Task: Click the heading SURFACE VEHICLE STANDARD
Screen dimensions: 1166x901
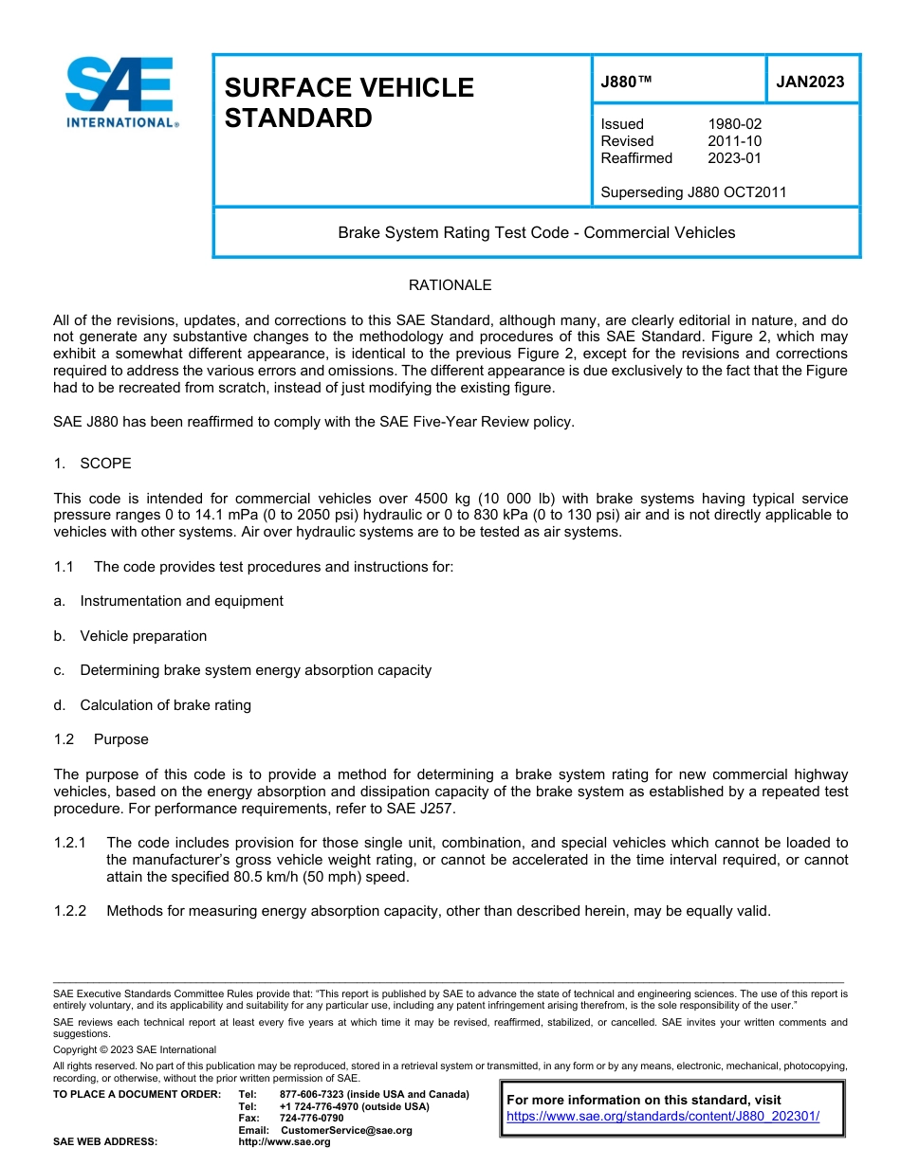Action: click(x=348, y=103)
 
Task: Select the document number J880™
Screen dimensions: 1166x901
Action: click(x=626, y=82)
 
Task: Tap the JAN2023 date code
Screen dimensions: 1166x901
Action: click(x=810, y=82)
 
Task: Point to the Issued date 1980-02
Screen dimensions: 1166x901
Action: click(x=734, y=124)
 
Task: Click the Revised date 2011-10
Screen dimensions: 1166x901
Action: click(x=734, y=141)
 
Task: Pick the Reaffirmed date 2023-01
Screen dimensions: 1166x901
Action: click(x=734, y=158)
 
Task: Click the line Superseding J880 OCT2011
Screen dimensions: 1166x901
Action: click(x=693, y=192)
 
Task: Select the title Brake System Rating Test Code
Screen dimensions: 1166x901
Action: click(x=536, y=232)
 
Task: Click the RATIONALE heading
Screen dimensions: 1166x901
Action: click(x=450, y=285)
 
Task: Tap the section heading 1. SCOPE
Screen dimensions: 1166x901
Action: click(x=92, y=464)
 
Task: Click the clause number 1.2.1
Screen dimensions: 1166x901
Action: click(x=70, y=843)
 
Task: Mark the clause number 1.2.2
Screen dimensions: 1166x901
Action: click(x=70, y=912)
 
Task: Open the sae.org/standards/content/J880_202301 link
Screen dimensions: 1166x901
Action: click(x=663, y=1117)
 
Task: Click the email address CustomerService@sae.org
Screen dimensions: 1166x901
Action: click(x=346, y=1130)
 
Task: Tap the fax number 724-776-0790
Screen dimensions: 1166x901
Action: click(x=311, y=1119)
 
